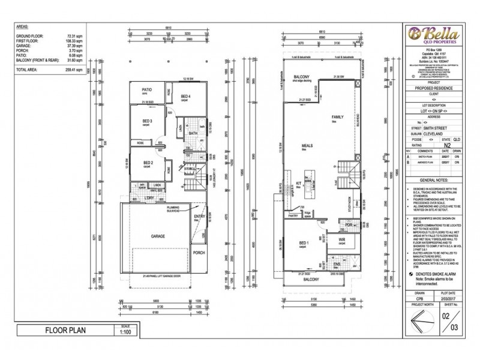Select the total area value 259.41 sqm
(x=71, y=70)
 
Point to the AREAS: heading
(x=23, y=28)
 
